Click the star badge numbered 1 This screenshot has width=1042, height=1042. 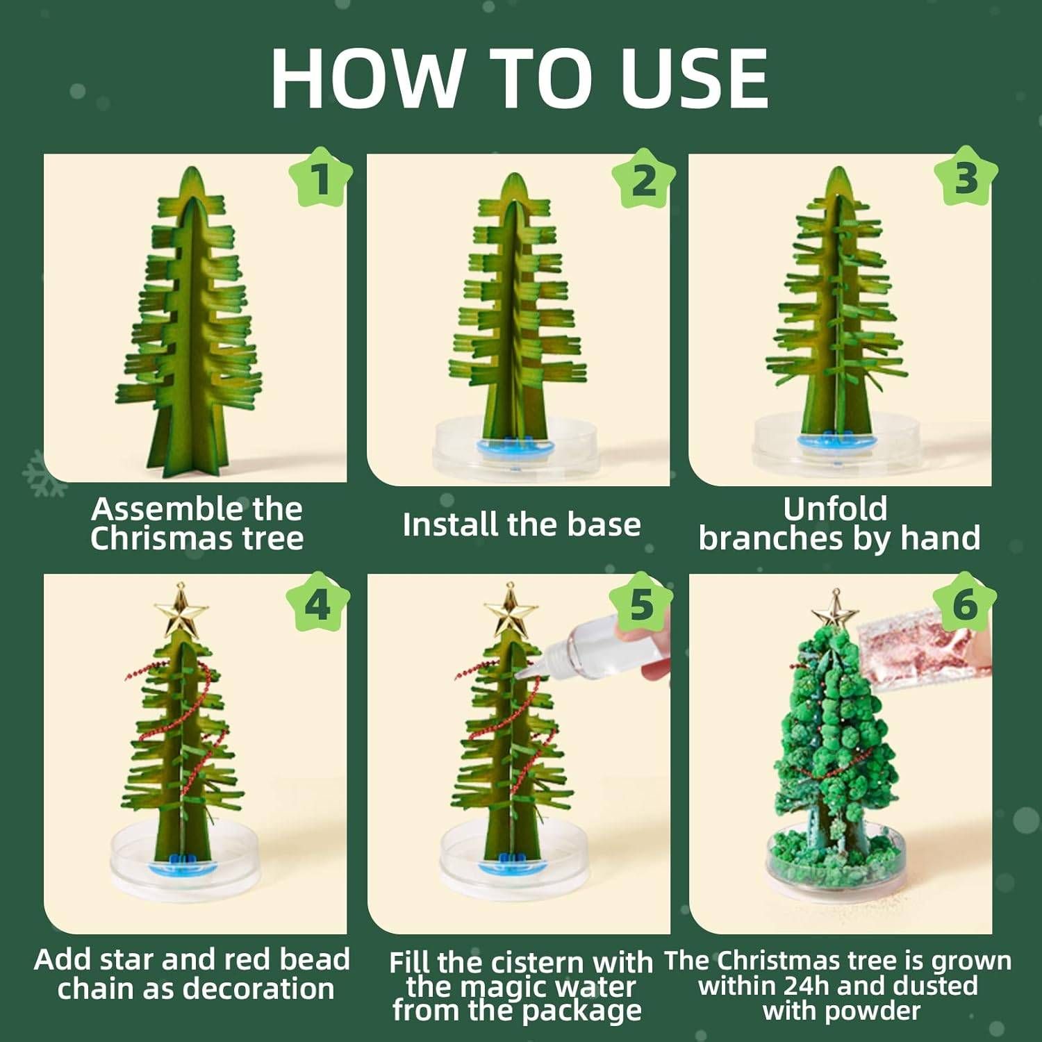click(x=320, y=179)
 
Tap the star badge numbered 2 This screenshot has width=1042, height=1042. click(x=643, y=179)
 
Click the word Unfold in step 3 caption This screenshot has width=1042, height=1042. click(x=836, y=508)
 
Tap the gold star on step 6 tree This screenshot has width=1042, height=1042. click(x=836, y=611)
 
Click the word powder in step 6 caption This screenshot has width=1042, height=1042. click(x=874, y=1011)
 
